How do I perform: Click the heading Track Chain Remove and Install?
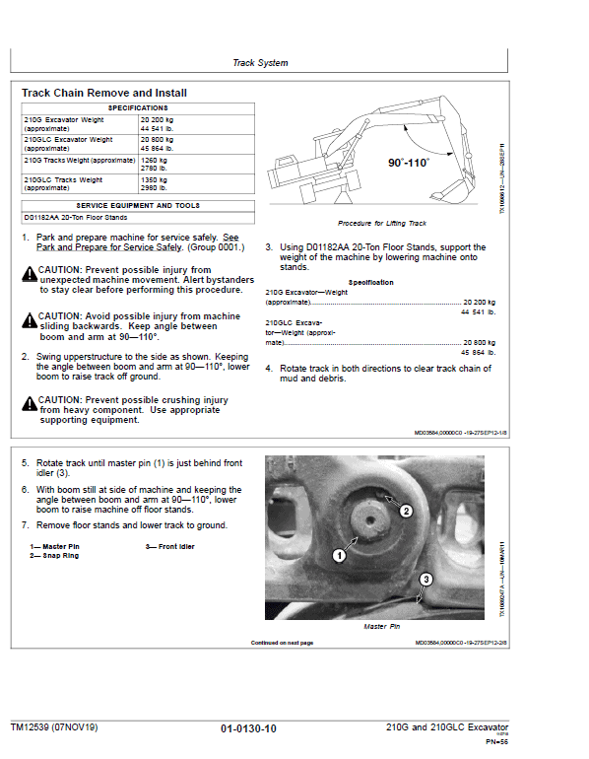[x=104, y=93]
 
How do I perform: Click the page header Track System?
[x=260, y=63]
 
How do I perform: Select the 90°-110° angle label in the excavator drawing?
[x=408, y=163]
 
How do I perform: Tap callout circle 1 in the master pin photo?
[x=338, y=556]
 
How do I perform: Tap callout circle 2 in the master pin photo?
[x=405, y=511]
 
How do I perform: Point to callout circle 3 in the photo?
[x=425, y=580]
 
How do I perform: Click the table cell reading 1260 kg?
[x=154, y=158]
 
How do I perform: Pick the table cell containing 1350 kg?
[x=154, y=180]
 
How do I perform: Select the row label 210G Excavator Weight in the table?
[x=64, y=119]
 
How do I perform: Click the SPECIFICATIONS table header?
[x=137, y=106]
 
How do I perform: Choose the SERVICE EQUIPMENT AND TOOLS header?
[x=137, y=205]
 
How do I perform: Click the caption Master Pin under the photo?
[x=381, y=626]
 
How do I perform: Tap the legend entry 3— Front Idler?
[x=170, y=546]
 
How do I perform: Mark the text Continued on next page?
[x=282, y=642]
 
